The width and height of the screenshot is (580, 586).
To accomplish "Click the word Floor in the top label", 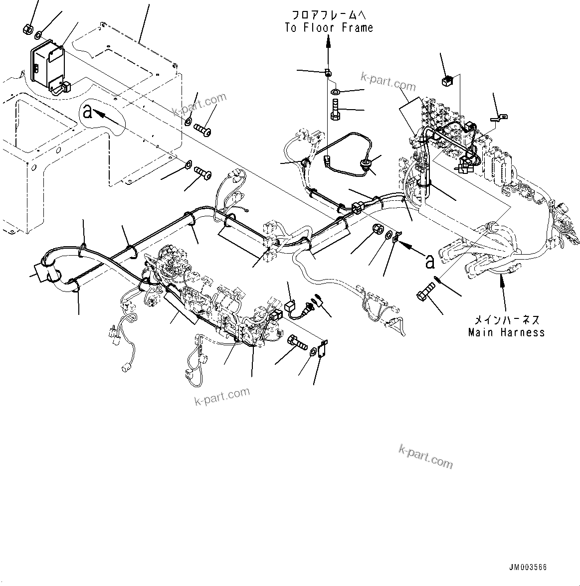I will coord(319,28).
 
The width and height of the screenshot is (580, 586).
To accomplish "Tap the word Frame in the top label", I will coord(358,28).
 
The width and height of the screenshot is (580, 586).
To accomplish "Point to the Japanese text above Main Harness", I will coord(506,319).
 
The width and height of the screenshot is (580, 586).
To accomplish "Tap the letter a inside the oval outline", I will coord(88,112).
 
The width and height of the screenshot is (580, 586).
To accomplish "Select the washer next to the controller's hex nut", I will coord(38,35).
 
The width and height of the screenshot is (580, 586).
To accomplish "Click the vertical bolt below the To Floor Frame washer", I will coord(335,109).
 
